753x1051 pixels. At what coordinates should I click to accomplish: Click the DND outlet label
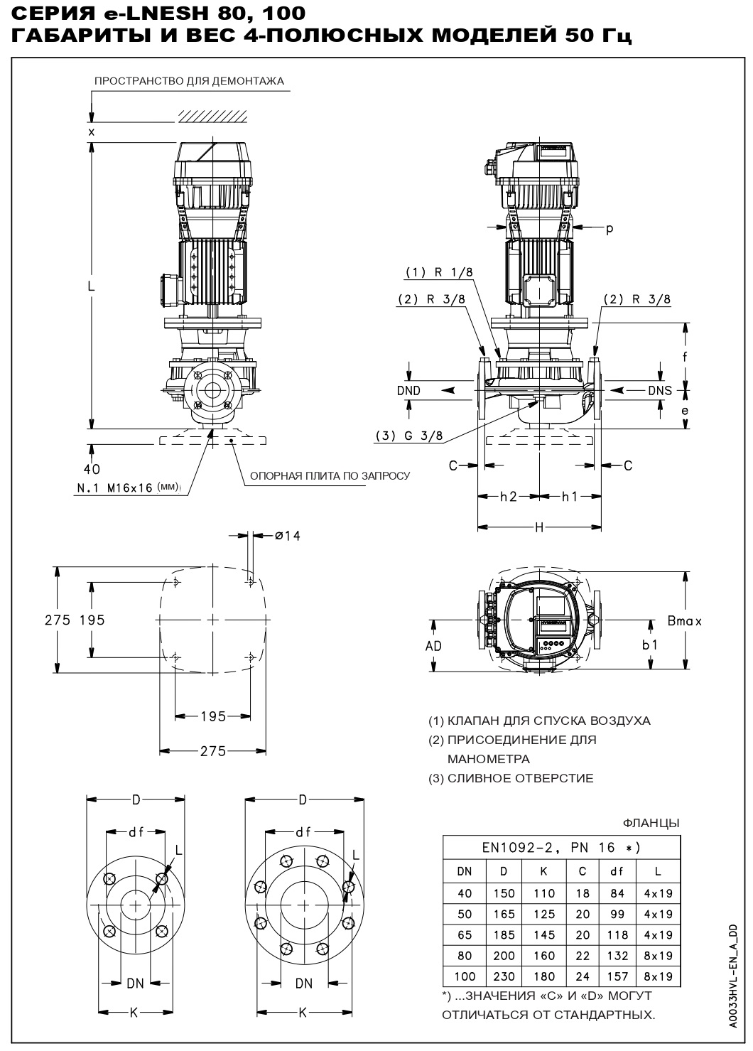[408, 390]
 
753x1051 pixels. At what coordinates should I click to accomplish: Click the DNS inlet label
[659, 390]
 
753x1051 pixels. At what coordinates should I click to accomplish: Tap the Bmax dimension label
[684, 621]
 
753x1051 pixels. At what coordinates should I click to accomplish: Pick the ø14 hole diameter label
[287, 536]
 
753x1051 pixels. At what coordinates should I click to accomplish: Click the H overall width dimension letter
[539, 527]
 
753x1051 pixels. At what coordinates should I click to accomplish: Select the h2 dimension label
[508, 497]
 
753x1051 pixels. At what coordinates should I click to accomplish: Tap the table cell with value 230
[504, 976]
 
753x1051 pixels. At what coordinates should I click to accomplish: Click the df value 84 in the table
[618, 893]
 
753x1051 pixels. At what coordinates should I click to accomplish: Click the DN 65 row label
[465, 935]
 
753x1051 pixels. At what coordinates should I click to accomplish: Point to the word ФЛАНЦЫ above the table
[651, 823]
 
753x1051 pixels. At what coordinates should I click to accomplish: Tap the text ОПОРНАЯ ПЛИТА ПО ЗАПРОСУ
[329, 475]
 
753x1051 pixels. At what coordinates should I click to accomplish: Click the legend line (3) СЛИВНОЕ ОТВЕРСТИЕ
[510, 778]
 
